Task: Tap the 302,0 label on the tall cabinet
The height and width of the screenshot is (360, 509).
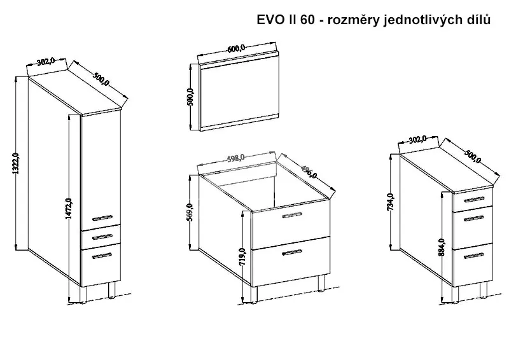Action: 44,62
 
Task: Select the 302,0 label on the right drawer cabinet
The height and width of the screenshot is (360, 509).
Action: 416,139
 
